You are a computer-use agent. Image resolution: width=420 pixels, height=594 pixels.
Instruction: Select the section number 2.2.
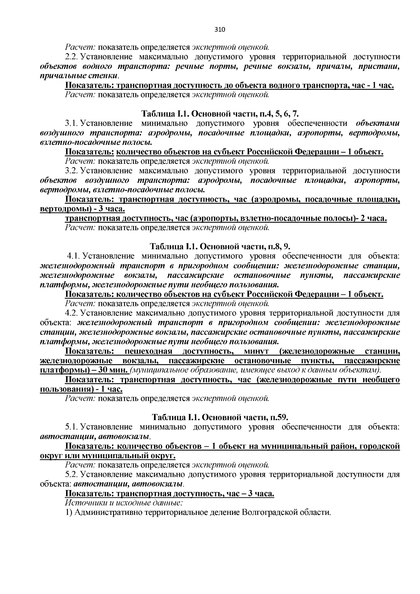[x=72, y=57]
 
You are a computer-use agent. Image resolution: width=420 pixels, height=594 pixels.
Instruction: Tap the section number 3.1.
[x=72, y=123]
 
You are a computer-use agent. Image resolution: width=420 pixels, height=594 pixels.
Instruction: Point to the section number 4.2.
[x=72, y=313]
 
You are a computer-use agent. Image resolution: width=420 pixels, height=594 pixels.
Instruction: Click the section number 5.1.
[x=72, y=427]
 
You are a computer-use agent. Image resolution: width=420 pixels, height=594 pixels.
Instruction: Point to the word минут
[x=256, y=351]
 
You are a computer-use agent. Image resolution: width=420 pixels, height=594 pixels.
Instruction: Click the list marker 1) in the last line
[x=69, y=513]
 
